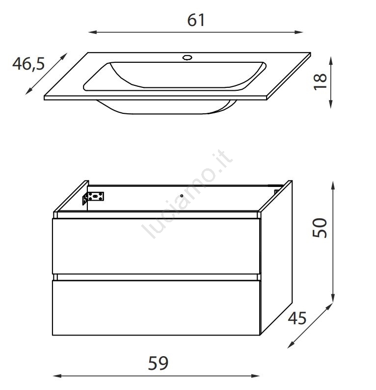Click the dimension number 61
pyautogui.click(x=196, y=20)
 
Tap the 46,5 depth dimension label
pyautogui.click(x=28, y=64)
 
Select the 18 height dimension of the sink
pyautogui.click(x=320, y=82)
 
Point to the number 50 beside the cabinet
pyautogui.click(x=320, y=228)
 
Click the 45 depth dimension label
pyautogui.click(x=297, y=318)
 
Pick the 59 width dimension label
pyautogui.click(x=158, y=363)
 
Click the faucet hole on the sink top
pyautogui.click(x=187, y=58)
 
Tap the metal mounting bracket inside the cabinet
pyautogui.click(x=93, y=198)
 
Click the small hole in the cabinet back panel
pyautogui.click(x=182, y=196)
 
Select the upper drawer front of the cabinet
pyautogui.click(x=156, y=246)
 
